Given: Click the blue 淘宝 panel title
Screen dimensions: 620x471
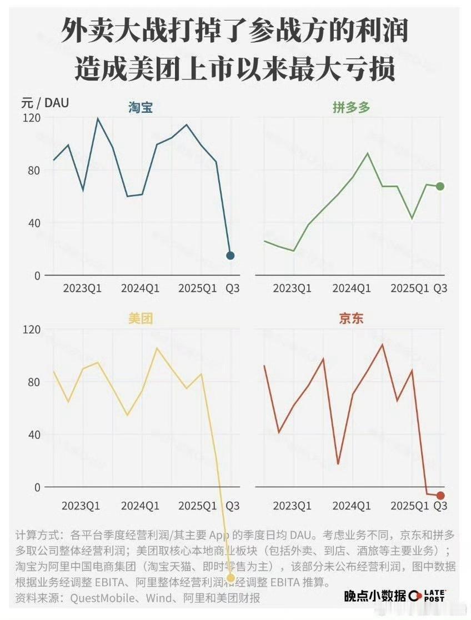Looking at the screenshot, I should [x=141, y=108].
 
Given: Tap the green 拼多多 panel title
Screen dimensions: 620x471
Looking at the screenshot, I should [x=351, y=108].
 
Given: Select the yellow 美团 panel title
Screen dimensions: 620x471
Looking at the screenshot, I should [x=141, y=319].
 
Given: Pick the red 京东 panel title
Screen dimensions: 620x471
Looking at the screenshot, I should [x=351, y=319].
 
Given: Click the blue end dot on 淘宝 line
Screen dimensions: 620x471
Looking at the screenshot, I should [x=231, y=256].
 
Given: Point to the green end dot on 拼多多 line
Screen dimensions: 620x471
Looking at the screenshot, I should [x=440, y=187].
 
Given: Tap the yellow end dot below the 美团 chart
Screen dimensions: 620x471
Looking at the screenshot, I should [x=231, y=578].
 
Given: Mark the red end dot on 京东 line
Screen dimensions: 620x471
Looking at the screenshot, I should [x=440, y=496].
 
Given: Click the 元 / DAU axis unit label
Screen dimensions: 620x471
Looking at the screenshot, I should [x=45, y=103].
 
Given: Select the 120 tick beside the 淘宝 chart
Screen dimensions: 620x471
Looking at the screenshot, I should [x=32, y=118].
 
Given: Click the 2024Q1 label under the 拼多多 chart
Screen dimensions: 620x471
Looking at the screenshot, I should [x=352, y=289].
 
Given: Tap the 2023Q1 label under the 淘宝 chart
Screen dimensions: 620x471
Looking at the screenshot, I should [x=82, y=289].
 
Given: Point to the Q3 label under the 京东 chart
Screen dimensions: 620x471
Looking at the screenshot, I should [x=440, y=506].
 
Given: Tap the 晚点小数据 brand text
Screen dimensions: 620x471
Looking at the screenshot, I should [x=375, y=597].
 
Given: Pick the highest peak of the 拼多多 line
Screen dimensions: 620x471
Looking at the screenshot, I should [x=367, y=153].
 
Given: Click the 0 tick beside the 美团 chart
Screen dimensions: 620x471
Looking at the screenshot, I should [x=37, y=487].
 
